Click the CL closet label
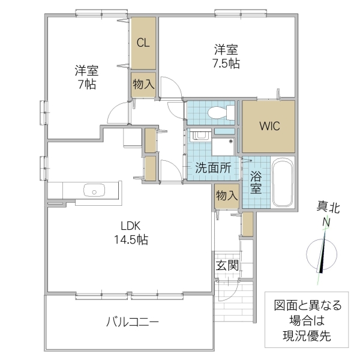[143, 43]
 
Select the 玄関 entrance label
[227, 265]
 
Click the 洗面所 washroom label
[212, 168]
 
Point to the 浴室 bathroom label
[255, 182]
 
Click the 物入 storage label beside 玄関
[226, 196]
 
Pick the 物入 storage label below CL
[143, 85]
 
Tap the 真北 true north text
[328, 209]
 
